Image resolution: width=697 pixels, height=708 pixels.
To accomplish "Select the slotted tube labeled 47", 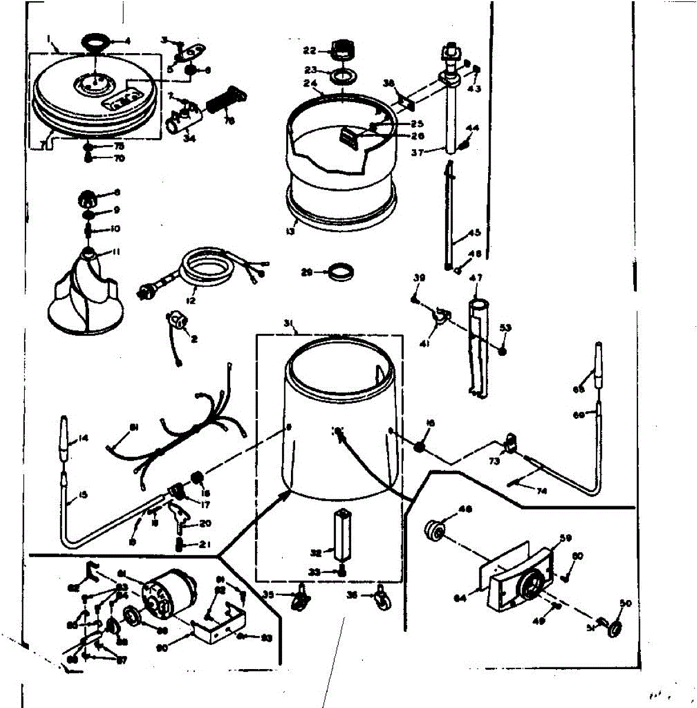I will point(477,348).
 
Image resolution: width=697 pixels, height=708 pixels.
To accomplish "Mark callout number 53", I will point(505,328).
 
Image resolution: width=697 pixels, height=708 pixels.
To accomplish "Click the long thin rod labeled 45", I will point(449,218).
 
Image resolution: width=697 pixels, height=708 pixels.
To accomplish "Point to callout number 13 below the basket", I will point(289,232).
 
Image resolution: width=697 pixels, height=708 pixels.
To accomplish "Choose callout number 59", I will point(565,538).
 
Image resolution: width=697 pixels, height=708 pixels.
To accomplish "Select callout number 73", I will point(495,460).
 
